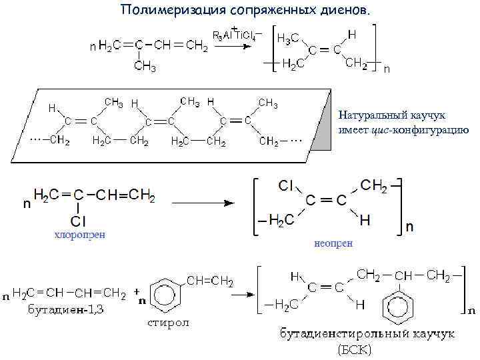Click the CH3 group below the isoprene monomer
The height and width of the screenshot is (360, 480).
point(145,66)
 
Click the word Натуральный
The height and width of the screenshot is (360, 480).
point(371,115)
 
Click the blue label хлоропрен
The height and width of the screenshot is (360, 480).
point(79,234)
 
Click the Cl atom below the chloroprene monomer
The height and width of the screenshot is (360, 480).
point(78,220)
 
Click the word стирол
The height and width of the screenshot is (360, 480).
point(169,323)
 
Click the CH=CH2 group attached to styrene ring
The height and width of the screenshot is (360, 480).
point(209,281)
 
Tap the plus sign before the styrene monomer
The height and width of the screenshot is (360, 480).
point(137,291)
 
